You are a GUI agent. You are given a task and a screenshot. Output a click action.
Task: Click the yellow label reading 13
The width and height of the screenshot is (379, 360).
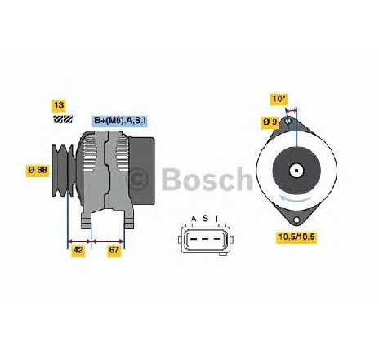(x=59, y=105)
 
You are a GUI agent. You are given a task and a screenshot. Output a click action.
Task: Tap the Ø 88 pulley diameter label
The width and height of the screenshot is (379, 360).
(x=38, y=170)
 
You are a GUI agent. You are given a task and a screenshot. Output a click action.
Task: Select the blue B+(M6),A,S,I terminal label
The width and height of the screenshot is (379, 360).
(x=120, y=121)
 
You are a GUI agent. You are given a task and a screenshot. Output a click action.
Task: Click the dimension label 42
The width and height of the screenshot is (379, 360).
(x=78, y=251)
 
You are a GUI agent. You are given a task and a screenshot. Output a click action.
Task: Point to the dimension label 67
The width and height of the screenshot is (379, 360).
(x=114, y=251)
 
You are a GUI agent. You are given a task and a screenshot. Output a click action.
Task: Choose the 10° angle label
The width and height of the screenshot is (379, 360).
(x=279, y=99)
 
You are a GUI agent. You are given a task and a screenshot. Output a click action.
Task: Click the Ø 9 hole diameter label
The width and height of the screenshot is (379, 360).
(x=270, y=122)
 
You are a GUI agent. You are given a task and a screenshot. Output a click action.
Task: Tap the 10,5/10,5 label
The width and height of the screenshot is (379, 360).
(x=297, y=238)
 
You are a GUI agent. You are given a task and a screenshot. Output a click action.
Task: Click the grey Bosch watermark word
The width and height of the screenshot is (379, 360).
(x=207, y=179)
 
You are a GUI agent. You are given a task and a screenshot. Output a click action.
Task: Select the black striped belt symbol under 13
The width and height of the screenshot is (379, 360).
(x=63, y=119)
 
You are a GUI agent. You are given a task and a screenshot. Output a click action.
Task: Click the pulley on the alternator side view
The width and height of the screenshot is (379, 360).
(x=64, y=171)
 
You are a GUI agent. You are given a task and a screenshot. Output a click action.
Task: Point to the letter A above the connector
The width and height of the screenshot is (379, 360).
(x=194, y=219)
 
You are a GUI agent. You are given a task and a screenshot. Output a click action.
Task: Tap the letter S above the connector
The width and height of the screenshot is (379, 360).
(x=206, y=219)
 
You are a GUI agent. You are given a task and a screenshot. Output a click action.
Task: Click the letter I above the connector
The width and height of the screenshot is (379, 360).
(x=216, y=219)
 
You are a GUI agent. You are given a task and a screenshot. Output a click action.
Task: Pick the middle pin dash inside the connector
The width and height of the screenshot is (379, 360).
(x=206, y=239)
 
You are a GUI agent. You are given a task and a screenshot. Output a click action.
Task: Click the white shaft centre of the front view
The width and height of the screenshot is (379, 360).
(x=297, y=171)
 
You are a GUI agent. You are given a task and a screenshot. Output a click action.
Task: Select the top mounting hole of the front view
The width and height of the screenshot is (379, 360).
(x=288, y=121)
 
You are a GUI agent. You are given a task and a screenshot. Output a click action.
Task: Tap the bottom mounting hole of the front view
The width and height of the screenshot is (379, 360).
(x=297, y=220)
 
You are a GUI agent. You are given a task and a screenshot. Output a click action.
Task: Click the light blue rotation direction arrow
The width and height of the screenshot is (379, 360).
(x=296, y=198)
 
